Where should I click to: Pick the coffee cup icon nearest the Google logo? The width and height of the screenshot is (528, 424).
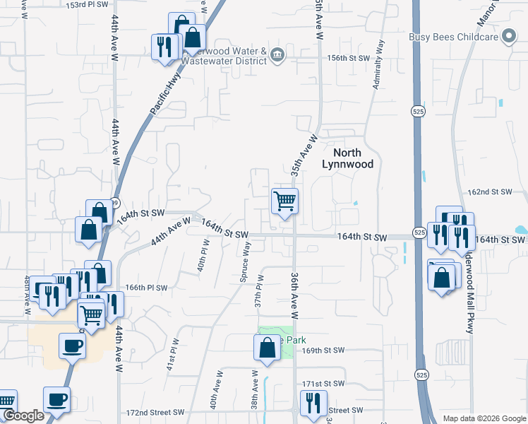[x=56, y=399]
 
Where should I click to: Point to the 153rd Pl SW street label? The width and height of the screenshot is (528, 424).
[x=88, y=4]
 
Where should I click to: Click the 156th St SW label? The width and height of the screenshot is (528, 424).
[x=348, y=58]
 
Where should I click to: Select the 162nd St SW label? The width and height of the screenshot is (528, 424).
[x=490, y=192]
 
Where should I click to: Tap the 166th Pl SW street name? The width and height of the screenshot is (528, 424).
[x=147, y=288]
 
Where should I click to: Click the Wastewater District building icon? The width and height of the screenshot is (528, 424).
[x=277, y=55]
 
